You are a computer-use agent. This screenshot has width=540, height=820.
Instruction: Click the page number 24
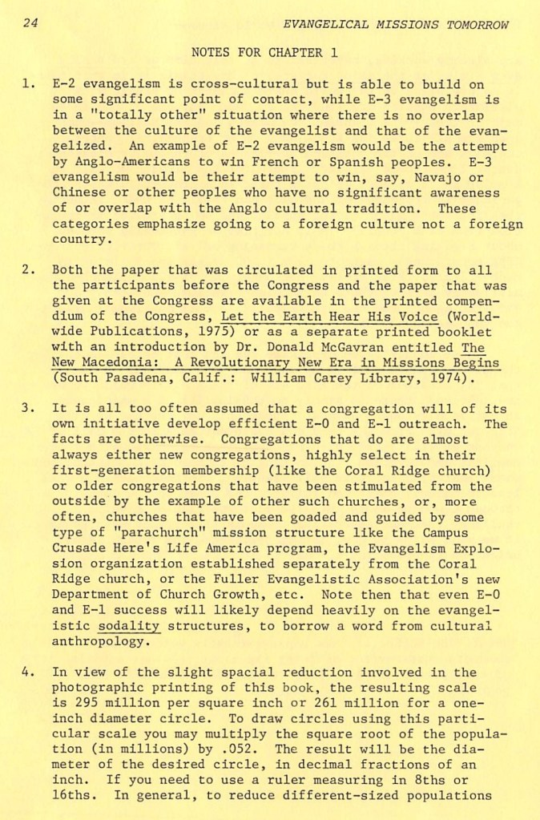pyautogui.click(x=30, y=24)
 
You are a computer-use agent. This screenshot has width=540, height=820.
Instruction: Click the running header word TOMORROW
pyautogui.click(x=478, y=25)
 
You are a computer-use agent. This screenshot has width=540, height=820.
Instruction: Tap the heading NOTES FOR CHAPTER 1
pyautogui.click(x=265, y=54)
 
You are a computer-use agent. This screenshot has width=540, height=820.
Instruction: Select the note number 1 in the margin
pyautogui.click(x=26, y=83)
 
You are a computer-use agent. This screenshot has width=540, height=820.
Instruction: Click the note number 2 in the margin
pyautogui.click(x=26, y=270)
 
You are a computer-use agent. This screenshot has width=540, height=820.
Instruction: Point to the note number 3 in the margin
pyautogui.click(x=26, y=408)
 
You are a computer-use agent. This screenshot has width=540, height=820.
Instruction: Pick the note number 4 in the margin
pyautogui.click(x=26, y=673)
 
